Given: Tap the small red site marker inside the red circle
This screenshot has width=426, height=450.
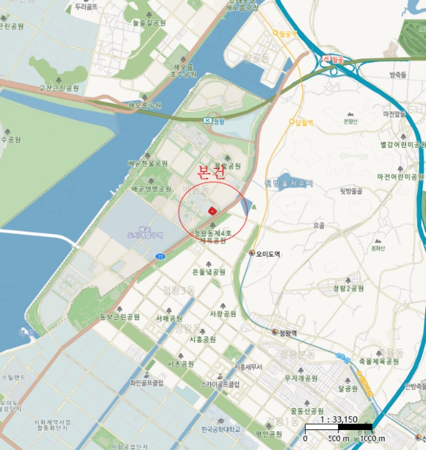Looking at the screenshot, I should (x=211, y=210).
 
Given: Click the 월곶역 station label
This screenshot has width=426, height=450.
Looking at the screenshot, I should (x=286, y=33).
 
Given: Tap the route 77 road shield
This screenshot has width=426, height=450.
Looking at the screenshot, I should (x=160, y=256).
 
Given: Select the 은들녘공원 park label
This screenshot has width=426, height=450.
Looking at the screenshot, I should (x=208, y=272).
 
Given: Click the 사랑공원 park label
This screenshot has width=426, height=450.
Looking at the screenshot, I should (x=223, y=314).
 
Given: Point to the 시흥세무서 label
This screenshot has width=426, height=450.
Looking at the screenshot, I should (x=249, y=366).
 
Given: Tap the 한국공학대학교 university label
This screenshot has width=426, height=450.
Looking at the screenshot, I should (x=220, y=429).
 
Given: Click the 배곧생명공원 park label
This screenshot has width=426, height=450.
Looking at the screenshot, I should (x=151, y=189).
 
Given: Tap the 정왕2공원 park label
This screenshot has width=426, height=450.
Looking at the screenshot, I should (x=348, y=288).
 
